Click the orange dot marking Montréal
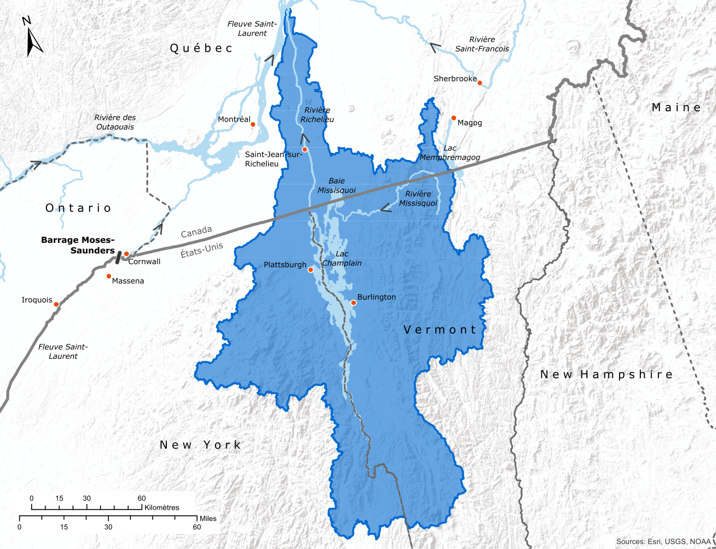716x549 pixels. tap(253, 124)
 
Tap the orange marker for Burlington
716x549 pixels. tap(353, 303)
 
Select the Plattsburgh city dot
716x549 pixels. tap(311, 270)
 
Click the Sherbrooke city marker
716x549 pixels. tap(480, 83)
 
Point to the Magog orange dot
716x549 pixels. tap(453, 118)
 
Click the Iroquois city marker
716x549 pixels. tap(56, 304)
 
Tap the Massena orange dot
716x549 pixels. tap(109, 277)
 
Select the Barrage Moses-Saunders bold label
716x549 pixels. tap(78, 245)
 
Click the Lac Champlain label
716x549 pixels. tap(342, 258)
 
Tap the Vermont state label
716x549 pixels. tap(439, 330)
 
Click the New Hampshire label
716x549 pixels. tap(606, 374)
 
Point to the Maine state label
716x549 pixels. tap(676, 108)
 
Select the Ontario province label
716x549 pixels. tap(78, 208)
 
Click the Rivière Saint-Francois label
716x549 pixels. tap(482, 44)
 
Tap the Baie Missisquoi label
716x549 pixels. tap(337, 185)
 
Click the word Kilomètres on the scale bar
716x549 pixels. tap(162, 508)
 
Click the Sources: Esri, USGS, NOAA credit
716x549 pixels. tap(663, 542)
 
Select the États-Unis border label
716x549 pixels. tap(202, 250)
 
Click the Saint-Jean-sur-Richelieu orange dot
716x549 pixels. tap(305, 149)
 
